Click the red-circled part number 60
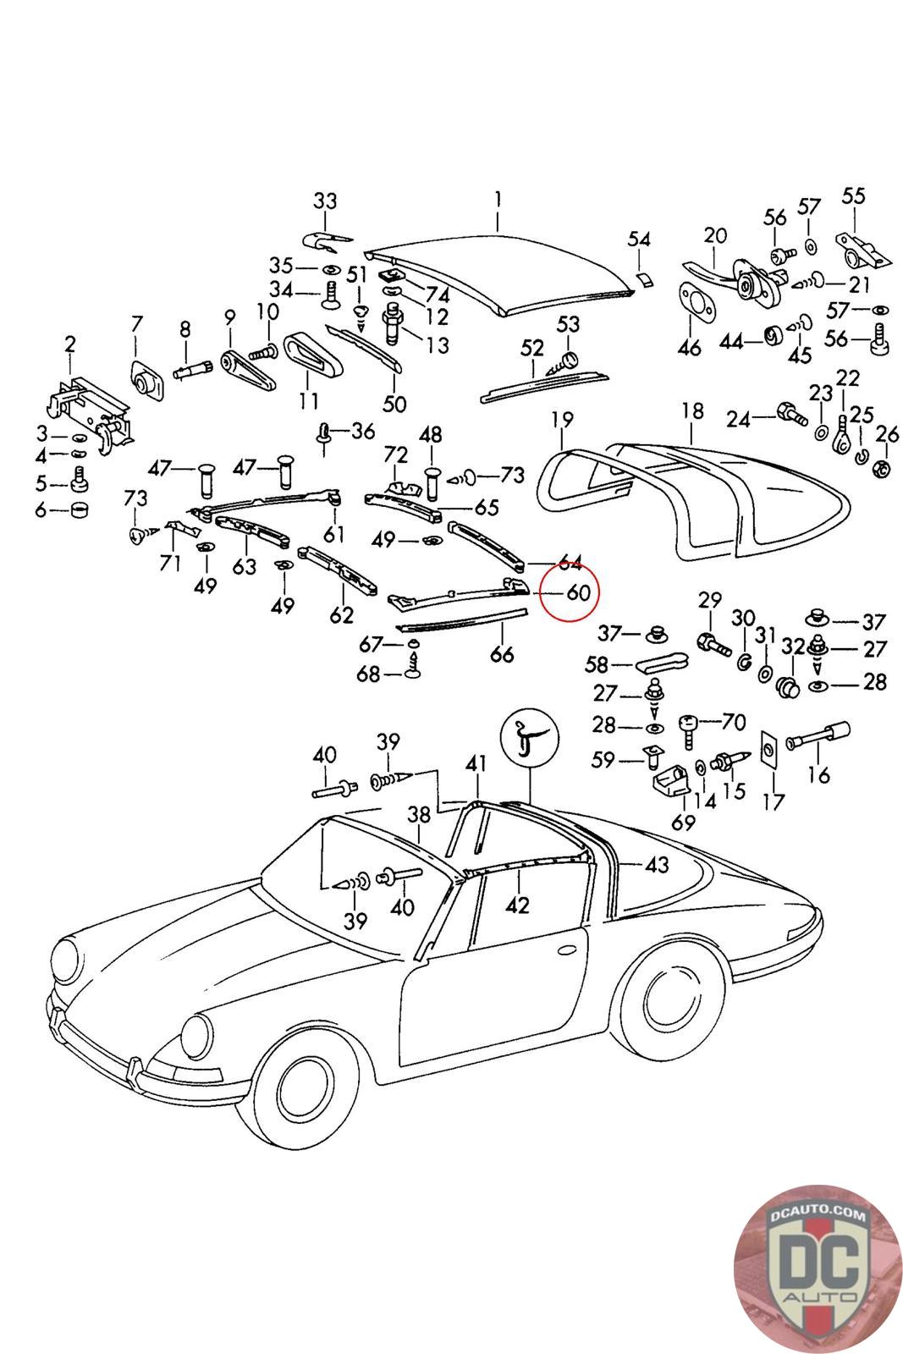[578, 592]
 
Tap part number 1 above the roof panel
[498, 200]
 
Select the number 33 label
[325, 201]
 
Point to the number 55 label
[853, 196]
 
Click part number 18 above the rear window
[692, 411]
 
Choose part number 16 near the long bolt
[819, 774]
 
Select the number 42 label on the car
[517, 905]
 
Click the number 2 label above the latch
[70, 344]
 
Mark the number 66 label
[502, 654]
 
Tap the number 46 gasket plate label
[690, 348]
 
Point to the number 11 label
[309, 400]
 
